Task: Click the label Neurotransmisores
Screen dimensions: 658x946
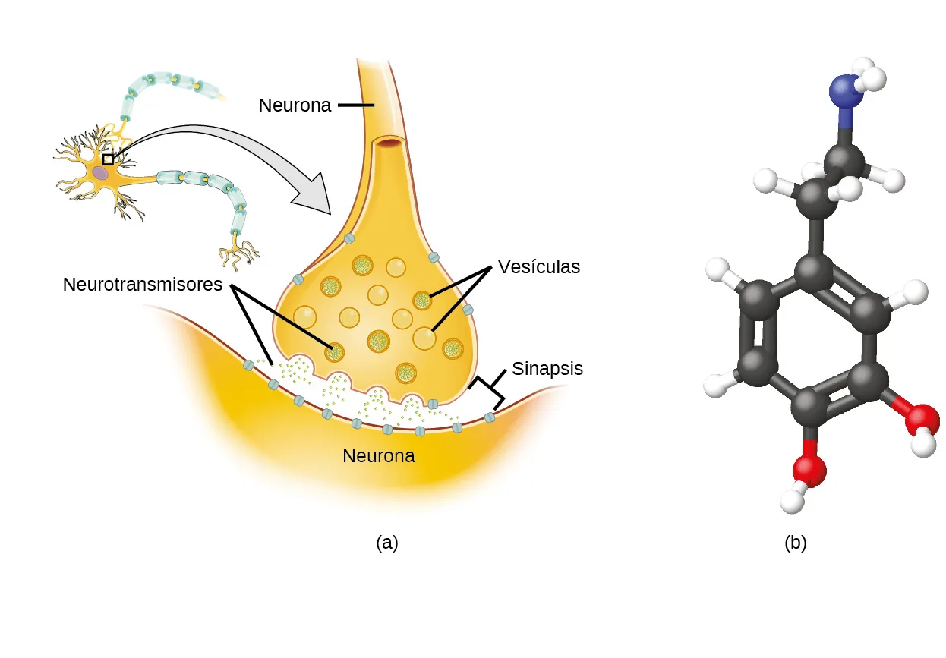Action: click(143, 285)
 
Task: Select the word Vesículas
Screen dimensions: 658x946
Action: click(538, 267)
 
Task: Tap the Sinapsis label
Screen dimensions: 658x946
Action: click(547, 369)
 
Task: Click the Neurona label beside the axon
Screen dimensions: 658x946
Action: click(295, 105)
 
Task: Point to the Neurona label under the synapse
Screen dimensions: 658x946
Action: click(379, 456)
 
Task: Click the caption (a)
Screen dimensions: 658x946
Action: click(386, 543)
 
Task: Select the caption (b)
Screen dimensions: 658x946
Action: click(795, 543)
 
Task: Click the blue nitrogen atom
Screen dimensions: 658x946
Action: click(844, 93)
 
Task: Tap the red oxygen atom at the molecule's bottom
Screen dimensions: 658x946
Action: click(809, 470)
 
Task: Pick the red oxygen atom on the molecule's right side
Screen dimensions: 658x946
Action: click(921, 418)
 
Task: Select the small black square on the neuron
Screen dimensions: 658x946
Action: click(108, 159)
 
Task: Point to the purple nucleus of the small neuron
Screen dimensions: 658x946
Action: click(100, 173)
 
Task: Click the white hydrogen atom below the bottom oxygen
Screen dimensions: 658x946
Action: click(792, 499)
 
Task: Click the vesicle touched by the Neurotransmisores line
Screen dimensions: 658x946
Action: click(334, 352)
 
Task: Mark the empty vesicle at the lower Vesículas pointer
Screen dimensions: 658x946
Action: click(424, 338)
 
